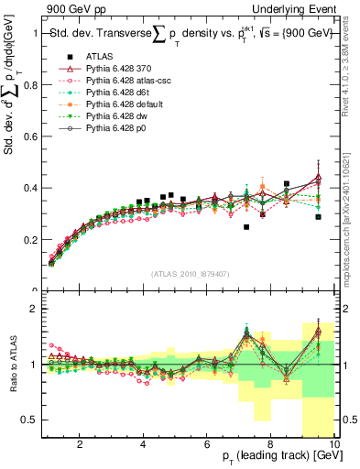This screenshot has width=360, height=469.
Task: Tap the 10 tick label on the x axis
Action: click(334, 446)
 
